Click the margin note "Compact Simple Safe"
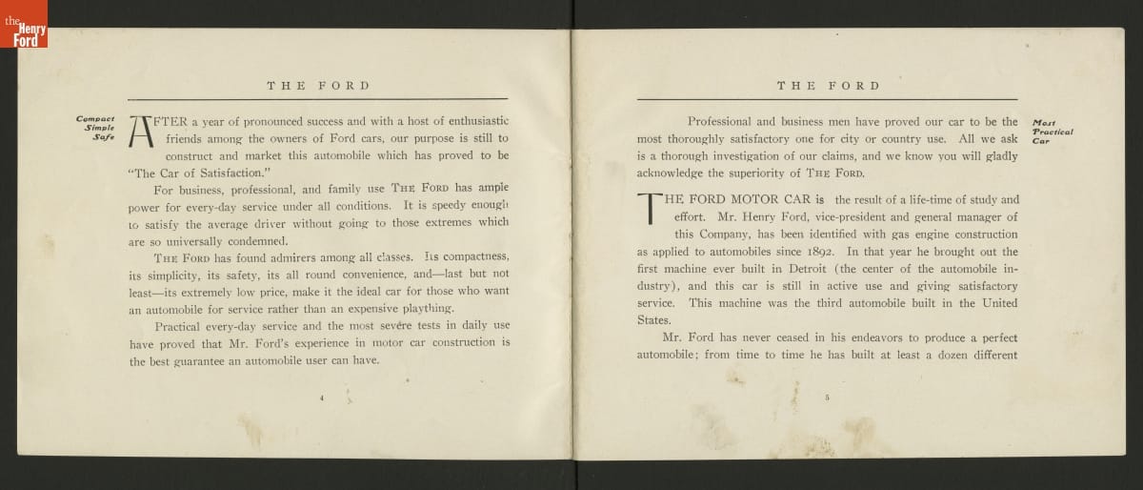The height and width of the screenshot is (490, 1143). [x=95, y=129]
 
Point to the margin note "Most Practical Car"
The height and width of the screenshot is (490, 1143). [x=1051, y=130]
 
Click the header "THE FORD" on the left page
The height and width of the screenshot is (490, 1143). [x=318, y=86]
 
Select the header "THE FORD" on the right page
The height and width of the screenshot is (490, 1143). [x=828, y=86]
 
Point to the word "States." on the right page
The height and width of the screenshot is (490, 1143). [x=653, y=320]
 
